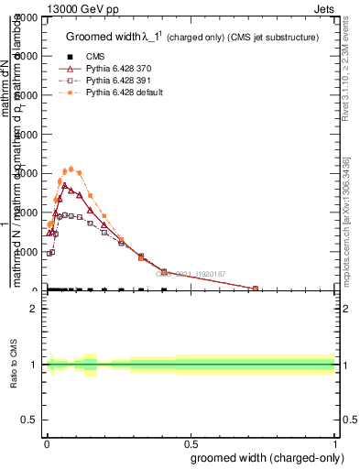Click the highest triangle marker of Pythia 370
click(x=64, y=185)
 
